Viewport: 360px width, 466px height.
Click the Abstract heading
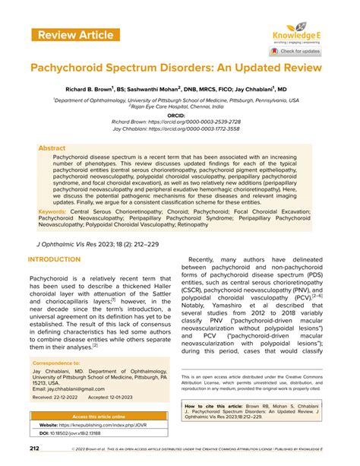point(52,149)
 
